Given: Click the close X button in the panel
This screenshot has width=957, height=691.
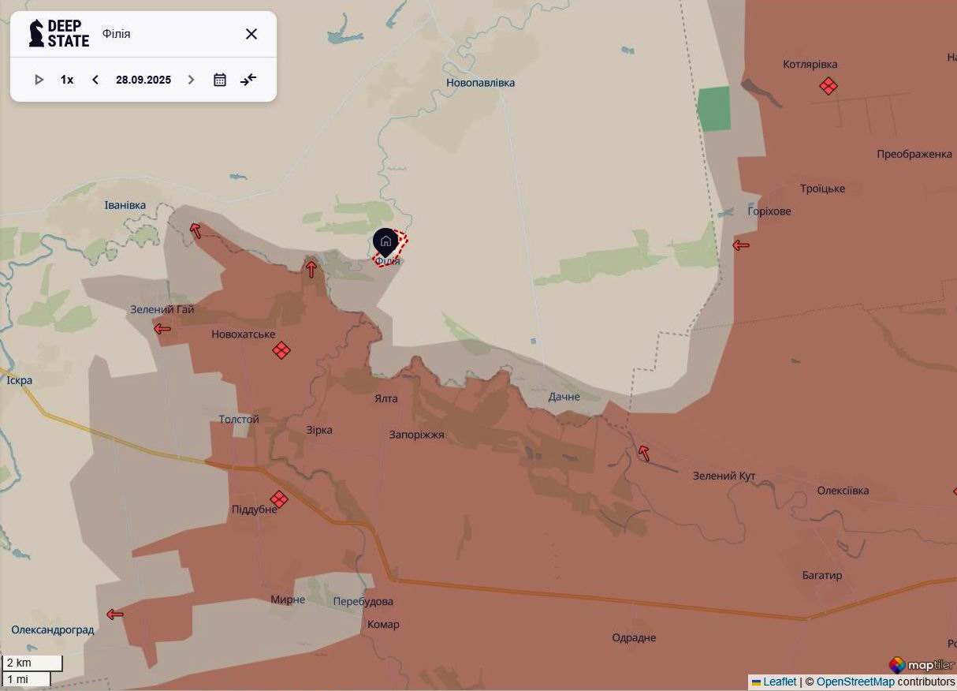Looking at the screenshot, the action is point(251,34).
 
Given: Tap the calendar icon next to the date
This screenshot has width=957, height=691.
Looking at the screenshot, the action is point(220,80).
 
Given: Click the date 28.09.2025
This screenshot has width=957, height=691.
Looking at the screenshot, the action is point(143,80).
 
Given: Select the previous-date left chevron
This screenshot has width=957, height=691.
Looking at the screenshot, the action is point(95,80).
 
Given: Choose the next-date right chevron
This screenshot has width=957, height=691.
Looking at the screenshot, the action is point(191,80).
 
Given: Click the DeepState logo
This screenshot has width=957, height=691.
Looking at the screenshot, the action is point(59,34).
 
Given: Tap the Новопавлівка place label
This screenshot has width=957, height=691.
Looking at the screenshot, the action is point(480,83).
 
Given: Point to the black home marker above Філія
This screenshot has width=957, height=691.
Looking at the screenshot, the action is point(385,241).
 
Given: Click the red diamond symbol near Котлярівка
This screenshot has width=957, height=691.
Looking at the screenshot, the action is point(828,86).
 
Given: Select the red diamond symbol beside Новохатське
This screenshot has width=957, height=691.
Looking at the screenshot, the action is point(281,350).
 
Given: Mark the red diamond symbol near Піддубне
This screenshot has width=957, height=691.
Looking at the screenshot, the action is point(278,499).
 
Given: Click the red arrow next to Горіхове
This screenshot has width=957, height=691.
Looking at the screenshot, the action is point(740,245).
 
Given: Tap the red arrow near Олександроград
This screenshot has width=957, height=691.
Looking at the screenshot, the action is point(115,614).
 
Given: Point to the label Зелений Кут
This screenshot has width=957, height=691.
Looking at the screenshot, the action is point(724,476).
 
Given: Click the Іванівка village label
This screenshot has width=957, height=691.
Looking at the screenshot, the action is point(125,205).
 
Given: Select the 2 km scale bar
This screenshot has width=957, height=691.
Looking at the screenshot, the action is point(32,663).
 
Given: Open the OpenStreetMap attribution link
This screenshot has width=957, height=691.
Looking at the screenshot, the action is point(855,682).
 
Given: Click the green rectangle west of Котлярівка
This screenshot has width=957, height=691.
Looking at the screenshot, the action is point(714,109).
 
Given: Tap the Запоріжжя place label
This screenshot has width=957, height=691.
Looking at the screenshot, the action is point(416,435).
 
